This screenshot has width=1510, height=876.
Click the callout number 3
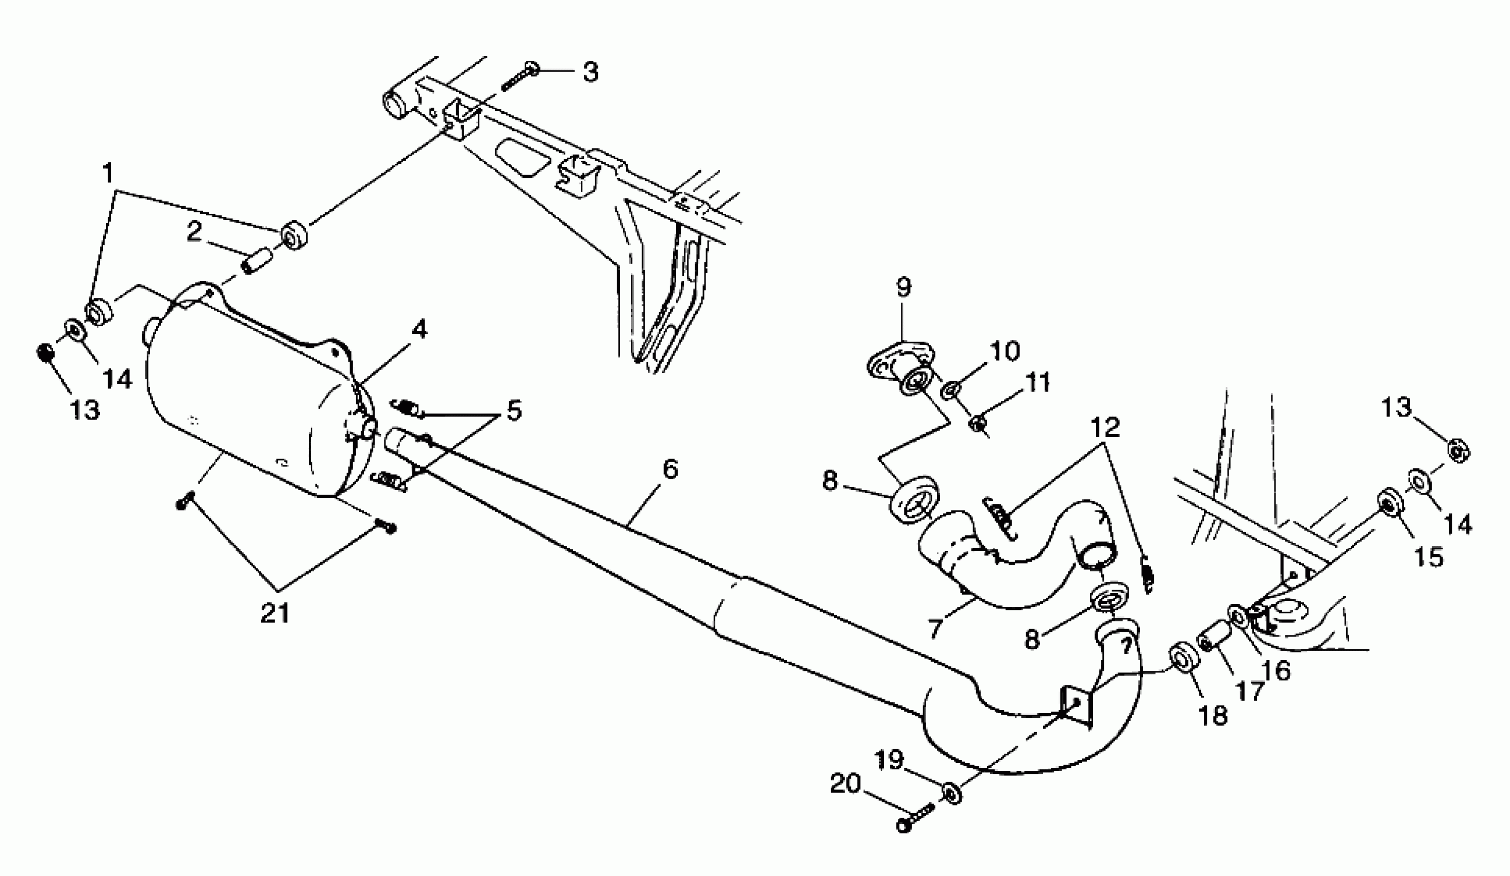(x=590, y=73)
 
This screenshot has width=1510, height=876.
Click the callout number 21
(x=275, y=613)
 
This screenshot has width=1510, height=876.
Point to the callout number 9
(x=903, y=288)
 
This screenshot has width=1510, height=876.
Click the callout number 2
(x=194, y=232)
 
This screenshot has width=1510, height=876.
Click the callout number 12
(x=1105, y=427)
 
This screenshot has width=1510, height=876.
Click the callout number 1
(x=108, y=174)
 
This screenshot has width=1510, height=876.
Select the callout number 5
(x=513, y=411)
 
